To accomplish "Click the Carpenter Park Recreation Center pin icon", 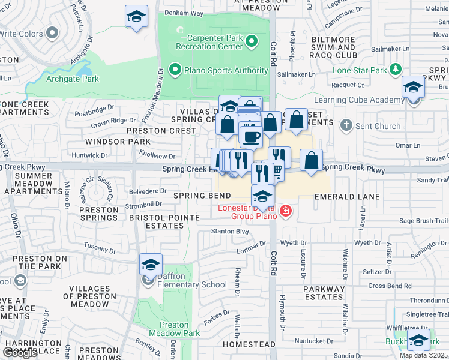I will click(x=252, y=41).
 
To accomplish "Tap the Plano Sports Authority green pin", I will click(x=175, y=70).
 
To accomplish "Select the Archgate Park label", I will click(x=73, y=79).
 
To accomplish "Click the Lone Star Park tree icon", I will click(x=395, y=70).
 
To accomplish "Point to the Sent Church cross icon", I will click(x=345, y=126).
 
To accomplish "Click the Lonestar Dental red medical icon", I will click(x=285, y=211).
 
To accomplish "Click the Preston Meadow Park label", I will click(x=175, y=329).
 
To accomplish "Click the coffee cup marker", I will click(x=251, y=136).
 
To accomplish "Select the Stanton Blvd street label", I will click(x=229, y=231).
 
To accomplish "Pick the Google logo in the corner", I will click(x=20, y=353).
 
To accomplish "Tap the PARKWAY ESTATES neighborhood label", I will click(x=324, y=293).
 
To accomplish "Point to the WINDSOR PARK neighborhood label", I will click(x=118, y=142).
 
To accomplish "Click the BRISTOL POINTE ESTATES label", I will click(x=156, y=221).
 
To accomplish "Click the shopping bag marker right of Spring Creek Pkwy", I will click(x=311, y=161).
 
